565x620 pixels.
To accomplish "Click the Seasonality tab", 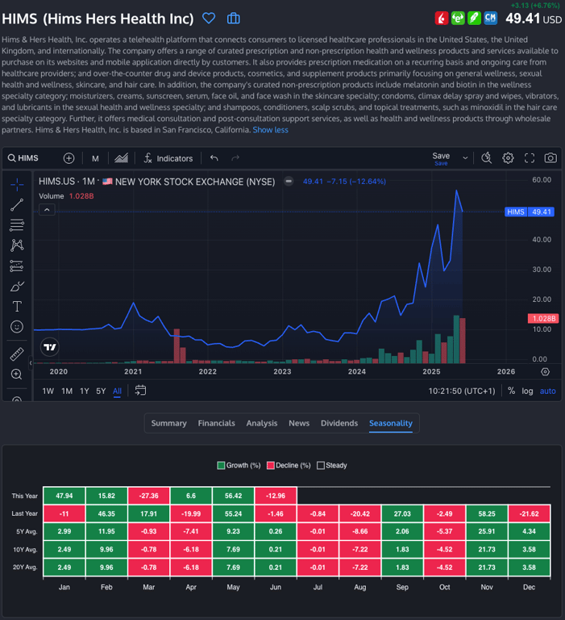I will point(390,423).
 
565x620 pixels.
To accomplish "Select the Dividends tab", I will point(339,423).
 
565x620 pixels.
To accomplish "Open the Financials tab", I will point(216,423).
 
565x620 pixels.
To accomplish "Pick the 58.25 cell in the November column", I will point(487,513).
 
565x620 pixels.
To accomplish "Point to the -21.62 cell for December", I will point(529,513).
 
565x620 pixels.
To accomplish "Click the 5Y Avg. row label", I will point(24,531).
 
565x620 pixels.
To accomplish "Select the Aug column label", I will point(360,587).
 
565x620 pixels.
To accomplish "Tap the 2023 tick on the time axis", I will point(282,372).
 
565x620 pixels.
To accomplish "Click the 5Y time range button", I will point(101,392).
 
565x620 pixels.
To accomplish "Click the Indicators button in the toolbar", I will point(168,158).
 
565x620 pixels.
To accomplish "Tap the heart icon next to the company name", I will point(209,19).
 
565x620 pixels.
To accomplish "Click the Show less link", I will point(270,130).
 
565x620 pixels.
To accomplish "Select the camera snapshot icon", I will point(550,158).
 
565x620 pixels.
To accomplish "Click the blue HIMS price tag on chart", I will point(529,212).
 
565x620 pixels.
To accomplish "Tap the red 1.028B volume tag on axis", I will point(542,319).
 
